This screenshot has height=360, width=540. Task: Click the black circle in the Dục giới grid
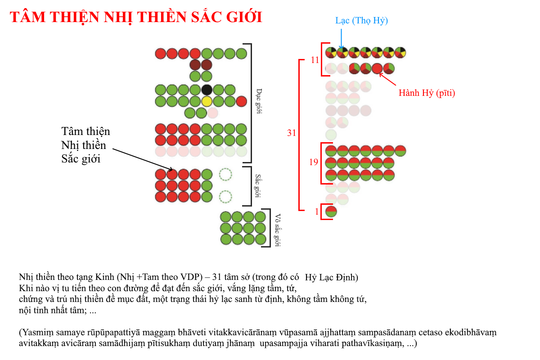pyautogui.click(x=207, y=90)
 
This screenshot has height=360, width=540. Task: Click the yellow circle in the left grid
pyautogui.click(x=207, y=101)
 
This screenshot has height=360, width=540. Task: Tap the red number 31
pyautogui.click(x=292, y=133)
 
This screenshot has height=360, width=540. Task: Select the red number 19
pyautogui.click(x=314, y=162)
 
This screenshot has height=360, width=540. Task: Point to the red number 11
pyautogui.click(x=315, y=60)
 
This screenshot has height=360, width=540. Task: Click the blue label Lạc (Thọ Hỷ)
pyautogui.click(x=362, y=21)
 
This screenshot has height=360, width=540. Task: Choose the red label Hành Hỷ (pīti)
pyautogui.click(x=427, y=93)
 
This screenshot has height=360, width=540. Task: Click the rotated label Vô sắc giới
pyautogui.click(x=278, y=230)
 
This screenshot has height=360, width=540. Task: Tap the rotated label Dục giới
pyautogui.click(x=259, y=101)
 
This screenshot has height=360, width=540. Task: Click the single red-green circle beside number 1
pyautogui.click(x=331, y=211)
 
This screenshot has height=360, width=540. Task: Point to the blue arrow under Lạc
pyautogui.click(x=341, y=39)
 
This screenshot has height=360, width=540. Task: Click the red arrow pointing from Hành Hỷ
pyautogui.click(x=387, y=79)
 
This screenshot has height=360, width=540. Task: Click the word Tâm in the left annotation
pyautogui.click(x=72, y=131)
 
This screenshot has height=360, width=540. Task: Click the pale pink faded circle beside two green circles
pyautogui.click(x=212, y=113)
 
